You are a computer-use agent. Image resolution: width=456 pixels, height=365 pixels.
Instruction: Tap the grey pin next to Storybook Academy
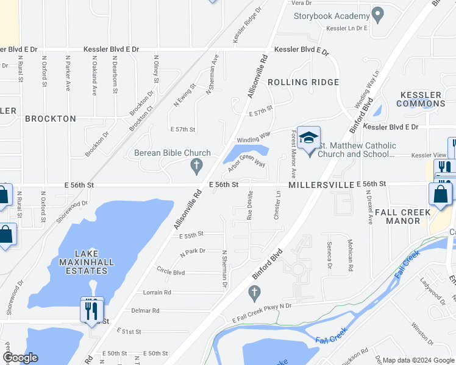tap(378, 14)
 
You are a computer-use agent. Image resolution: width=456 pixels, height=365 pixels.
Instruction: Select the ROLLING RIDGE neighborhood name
tap(303, 82)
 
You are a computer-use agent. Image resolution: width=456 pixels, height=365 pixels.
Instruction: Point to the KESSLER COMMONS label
tap(421, 99)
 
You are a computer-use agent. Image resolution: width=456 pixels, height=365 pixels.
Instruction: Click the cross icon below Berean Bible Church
tap(196, 165)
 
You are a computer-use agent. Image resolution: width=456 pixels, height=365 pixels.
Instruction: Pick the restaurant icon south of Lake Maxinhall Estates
tap(91, 310)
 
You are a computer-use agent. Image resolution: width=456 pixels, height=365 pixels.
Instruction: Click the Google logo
tap(20, 358)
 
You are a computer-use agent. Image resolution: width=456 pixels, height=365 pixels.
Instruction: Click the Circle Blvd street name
tap(170, 272)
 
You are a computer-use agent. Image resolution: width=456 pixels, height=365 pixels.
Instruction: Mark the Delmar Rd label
tap(145, 310)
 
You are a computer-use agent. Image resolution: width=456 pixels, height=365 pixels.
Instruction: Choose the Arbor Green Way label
tap(248, 164)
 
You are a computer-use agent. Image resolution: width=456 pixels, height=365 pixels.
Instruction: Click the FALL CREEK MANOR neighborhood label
tap(403, 217)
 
